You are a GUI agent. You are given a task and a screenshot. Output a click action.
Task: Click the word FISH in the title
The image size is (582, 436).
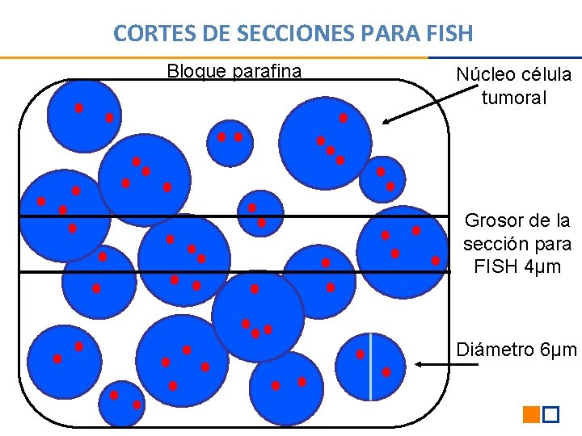coord(451,33)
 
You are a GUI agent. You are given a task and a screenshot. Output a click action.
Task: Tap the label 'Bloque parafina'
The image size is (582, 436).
coord(234,71)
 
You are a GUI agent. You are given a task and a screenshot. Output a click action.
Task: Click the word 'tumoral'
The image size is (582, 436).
coord(514,99)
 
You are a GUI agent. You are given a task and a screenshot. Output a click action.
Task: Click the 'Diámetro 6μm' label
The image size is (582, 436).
coord(517,350)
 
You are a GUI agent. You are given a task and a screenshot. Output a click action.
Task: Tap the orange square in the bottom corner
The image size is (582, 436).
coord(531,415)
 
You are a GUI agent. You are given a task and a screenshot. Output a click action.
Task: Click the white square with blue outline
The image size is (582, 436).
coord(550,415)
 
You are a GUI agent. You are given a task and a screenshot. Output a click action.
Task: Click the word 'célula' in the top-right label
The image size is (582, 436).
coord(546,75)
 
